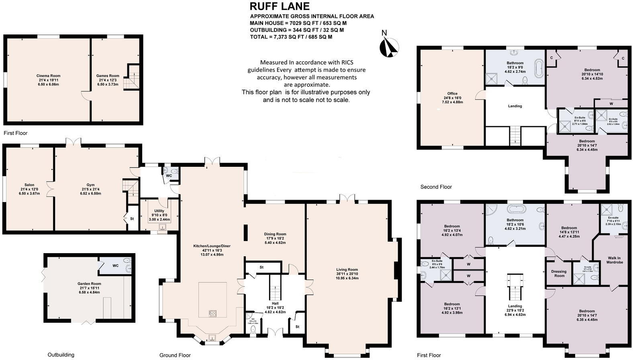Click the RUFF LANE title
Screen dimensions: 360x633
pyautogui.click(x=280, y=6)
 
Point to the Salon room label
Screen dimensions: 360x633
pyautogui.click(x=29, y=189)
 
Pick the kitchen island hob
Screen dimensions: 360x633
pyautogui.click(x=212, y=313)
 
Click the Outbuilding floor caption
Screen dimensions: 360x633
pyautogui.click(x=61, y=355)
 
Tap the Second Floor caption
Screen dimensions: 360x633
pyautogui.click(x=436, y=187)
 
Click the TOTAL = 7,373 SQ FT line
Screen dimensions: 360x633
pyautogui.click(x=291, y=37)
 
